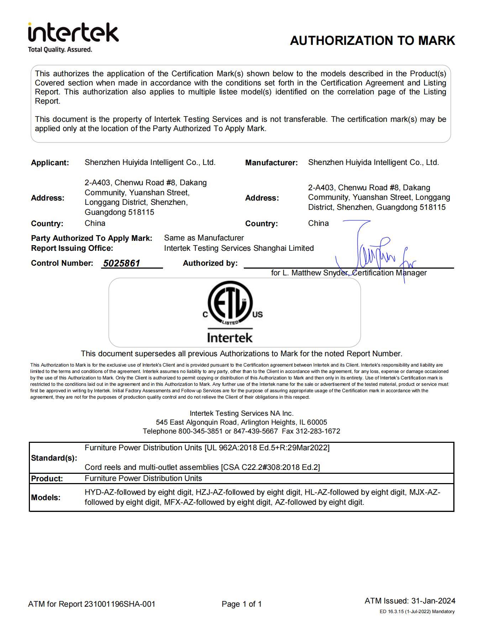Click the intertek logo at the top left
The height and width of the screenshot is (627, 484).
point(73,33)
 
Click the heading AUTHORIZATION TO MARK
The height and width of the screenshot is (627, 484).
point(372,41)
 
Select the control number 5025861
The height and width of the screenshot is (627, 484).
point(122,263)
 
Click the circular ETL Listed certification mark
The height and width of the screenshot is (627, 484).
point(230,303)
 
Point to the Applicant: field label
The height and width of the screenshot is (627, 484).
point(50,163)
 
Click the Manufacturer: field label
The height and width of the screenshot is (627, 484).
point(271,163)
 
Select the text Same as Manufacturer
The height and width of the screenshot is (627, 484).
point(204,238)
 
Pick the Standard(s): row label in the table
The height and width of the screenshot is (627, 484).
point(54,458)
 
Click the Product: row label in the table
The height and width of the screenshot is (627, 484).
point(47,479)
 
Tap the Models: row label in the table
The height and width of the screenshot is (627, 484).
point(46,498)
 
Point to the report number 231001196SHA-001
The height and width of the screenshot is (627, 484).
point(120,604)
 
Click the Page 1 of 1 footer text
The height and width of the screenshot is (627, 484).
point(242,604)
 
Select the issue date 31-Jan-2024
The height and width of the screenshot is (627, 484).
point(433,601)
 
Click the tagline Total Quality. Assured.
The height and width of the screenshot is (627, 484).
point(60,50)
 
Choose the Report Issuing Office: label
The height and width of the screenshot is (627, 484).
point(72,248)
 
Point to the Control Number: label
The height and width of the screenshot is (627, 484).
point(62,263)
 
